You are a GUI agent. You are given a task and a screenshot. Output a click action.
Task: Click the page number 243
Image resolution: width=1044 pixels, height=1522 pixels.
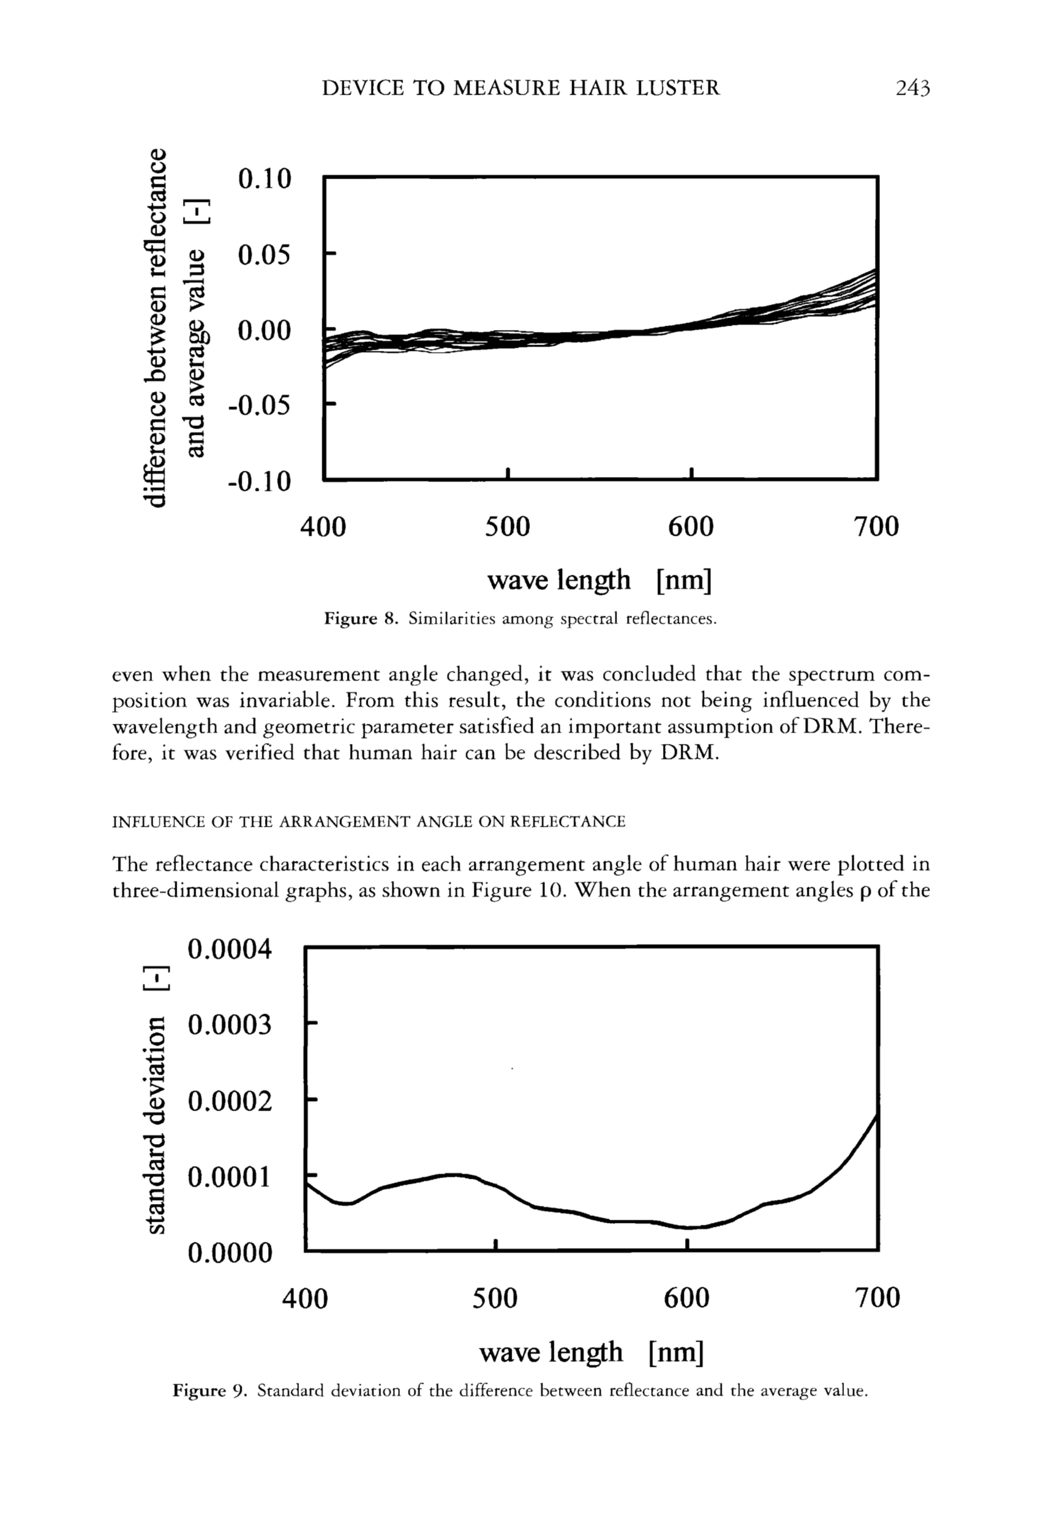tap(912, 88)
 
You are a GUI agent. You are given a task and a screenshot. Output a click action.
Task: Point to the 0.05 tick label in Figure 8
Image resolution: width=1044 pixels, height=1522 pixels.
tap(264, 254)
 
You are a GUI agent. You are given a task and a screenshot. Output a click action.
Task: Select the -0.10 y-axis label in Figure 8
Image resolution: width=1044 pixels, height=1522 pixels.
tap(259, 482)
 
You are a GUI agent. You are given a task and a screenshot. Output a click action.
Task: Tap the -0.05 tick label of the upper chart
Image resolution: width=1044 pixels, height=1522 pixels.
tap(259, 406)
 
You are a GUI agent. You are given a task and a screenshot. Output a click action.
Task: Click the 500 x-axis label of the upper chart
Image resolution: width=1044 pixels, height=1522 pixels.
tap(507, 526)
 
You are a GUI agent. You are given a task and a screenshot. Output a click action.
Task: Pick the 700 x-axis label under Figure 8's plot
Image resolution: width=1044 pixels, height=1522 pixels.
tap(876, 526)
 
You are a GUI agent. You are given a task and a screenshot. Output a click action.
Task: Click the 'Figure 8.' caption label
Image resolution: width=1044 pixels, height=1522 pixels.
tap(361, 619)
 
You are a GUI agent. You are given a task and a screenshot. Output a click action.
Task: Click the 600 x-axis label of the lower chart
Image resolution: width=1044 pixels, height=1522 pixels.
tap(686, 1297)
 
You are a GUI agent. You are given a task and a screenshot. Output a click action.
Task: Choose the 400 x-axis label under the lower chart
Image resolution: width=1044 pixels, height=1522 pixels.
tap(304, 1297)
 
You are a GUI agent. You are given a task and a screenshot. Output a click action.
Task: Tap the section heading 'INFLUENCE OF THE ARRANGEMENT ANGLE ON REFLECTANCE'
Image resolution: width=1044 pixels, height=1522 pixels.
tap(368, 821)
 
